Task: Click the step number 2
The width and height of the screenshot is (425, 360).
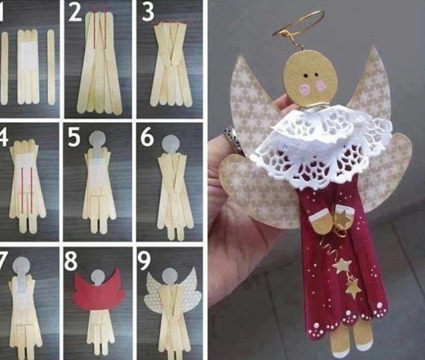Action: (75, 12)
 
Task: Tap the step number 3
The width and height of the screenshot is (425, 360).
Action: (148, 12)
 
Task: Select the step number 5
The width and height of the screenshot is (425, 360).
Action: (74, 137)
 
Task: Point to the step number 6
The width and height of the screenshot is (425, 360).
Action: (147, 137)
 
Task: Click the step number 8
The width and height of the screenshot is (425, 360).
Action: (71, 261)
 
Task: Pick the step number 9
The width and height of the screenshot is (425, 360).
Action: (144, 261)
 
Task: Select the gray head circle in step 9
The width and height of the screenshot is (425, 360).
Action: (169, 277)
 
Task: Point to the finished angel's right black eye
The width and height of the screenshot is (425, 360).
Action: (317, 75)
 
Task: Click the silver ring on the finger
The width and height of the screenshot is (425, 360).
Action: (231, 136)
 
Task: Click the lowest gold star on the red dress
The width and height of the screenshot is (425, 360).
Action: (353, 289)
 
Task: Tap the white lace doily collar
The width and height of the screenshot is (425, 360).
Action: (320, 144)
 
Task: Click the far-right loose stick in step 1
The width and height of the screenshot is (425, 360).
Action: (51, 67)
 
